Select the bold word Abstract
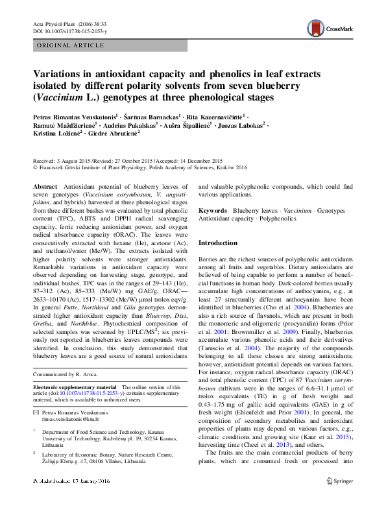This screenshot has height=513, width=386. click(45, 185)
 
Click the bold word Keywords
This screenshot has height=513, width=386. click(213, 211)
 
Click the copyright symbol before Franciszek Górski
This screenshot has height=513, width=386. click(35, 167)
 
